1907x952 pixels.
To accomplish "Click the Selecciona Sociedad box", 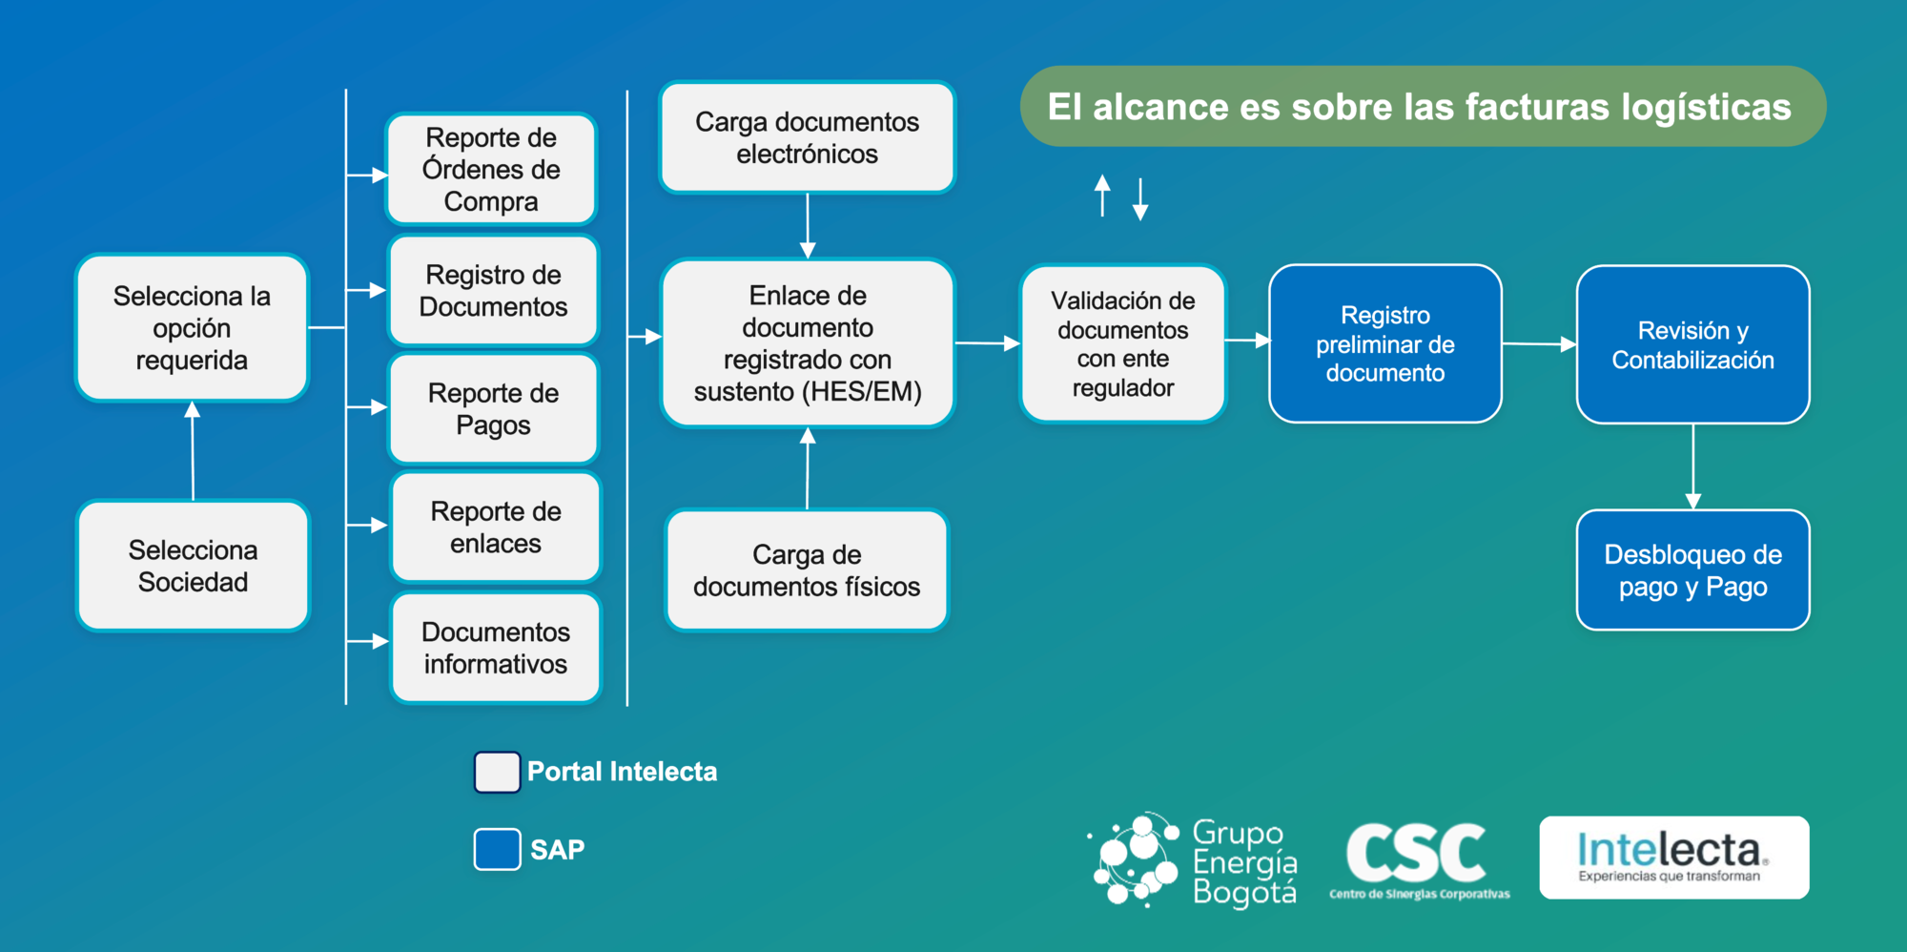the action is click(194, 566).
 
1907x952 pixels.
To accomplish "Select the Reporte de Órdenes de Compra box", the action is click(491, 169).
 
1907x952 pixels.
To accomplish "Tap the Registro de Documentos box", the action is click(493, 290).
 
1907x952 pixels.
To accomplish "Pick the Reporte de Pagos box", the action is click(494, 408).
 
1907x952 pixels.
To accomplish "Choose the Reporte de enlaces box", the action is click(496, 527).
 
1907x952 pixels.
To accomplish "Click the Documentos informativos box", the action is click(496, 648).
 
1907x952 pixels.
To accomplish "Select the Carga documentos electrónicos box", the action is click(807, 137).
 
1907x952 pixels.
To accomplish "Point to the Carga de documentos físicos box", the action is click(807, 570).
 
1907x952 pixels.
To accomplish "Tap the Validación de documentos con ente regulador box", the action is click(1123, 343).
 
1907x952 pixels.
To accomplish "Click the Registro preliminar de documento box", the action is click(1385, 343).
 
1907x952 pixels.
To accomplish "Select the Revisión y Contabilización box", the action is click(1693, 344).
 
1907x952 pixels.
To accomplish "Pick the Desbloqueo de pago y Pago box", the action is click(1693, 570).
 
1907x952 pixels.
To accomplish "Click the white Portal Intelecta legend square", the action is click(497, 772).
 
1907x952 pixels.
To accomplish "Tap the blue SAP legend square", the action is click(497, 849).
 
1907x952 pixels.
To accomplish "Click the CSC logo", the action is click(1419, 859).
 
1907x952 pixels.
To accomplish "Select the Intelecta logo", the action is click(1674, 857).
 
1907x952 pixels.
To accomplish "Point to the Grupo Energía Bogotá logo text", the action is click(1244, 862).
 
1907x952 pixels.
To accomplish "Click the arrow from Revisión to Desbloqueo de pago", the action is click(1693, 466).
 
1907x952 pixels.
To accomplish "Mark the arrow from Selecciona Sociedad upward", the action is click(193, 450).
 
